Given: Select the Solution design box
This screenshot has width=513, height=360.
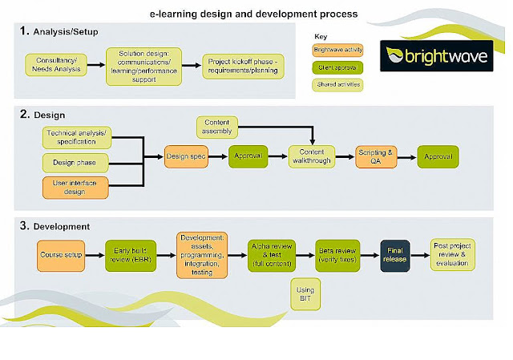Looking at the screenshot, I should pos(143,65).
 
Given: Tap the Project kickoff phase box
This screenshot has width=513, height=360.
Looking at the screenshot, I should pos(243,65).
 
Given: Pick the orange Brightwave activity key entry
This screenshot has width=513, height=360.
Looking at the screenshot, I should pos(337,50).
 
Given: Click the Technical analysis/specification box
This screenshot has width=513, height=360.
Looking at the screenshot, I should pos(76,136).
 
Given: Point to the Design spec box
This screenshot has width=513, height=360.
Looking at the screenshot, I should pos(186,156).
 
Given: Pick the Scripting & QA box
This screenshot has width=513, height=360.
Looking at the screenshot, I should pos(377,156).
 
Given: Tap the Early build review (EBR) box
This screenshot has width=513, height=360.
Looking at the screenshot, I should pos(128,256).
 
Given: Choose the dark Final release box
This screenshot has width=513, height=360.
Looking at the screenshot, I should pos(399,256).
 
